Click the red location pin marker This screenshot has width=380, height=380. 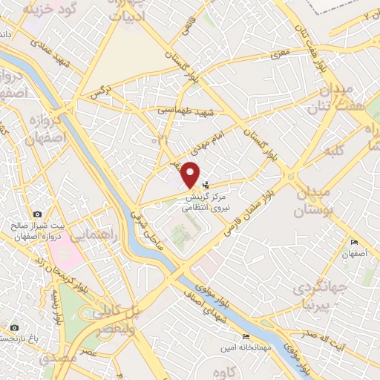coord(191,174)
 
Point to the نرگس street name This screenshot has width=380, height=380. coord(98,94)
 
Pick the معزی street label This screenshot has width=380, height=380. coord(280,54)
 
